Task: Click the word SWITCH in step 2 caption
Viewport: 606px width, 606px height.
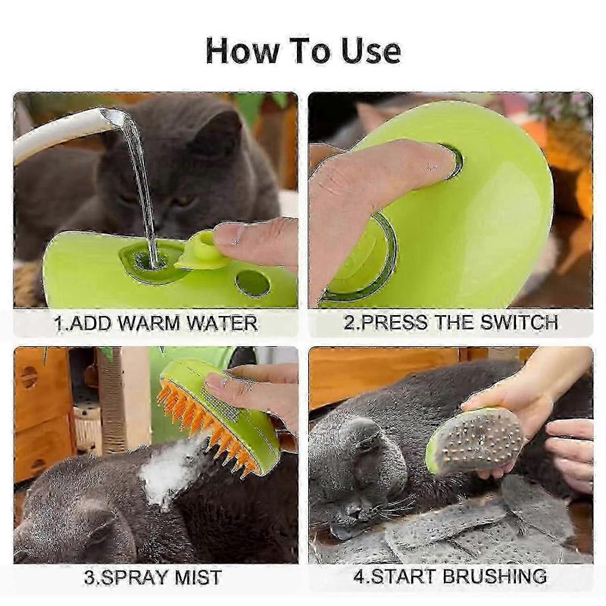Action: tap(520, 322)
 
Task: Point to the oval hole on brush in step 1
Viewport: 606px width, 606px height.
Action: tap(252, 283)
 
